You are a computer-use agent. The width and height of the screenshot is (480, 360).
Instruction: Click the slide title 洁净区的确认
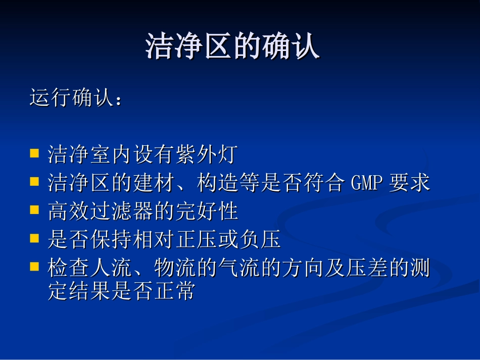pos(233,47)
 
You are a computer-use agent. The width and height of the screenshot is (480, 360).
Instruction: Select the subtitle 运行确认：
pos(76,98)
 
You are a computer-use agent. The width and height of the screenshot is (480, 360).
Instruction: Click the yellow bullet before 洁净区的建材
pos(34,181)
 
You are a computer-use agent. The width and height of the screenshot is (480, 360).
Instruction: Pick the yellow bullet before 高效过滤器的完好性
pos(34,209)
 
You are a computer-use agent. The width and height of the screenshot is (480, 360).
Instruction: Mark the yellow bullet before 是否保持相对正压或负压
pos(34,237)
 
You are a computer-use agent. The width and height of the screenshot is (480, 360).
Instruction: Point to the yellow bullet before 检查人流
pos(34,266)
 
